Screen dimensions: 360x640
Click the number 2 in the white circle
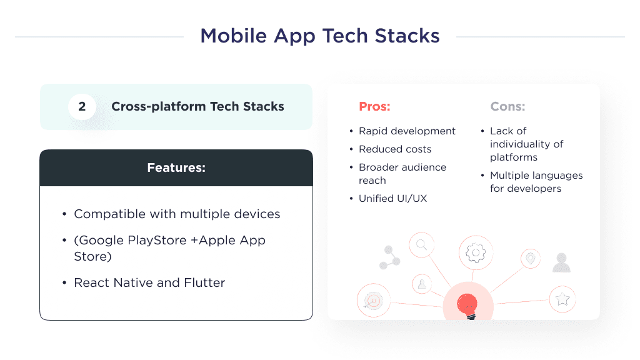(x=82, y=107)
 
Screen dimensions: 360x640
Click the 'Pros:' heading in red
(x=374, y=107)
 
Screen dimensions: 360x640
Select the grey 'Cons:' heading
(x=507, y=107)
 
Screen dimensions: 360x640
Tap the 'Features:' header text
(x=176, y=168)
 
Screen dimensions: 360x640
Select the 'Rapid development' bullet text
(x=407, y=131)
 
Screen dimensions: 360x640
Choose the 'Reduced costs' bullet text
(x=395, y=149)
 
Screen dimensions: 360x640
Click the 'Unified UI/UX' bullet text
(x=392, y=199)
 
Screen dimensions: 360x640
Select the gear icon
(x=476, y=252)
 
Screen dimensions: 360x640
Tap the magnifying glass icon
(x=422, y=244)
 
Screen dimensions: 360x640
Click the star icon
(x=562, y=299)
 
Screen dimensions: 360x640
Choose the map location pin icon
(x=531, y=258)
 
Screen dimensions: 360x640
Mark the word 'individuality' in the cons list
(x=526, y=144)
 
